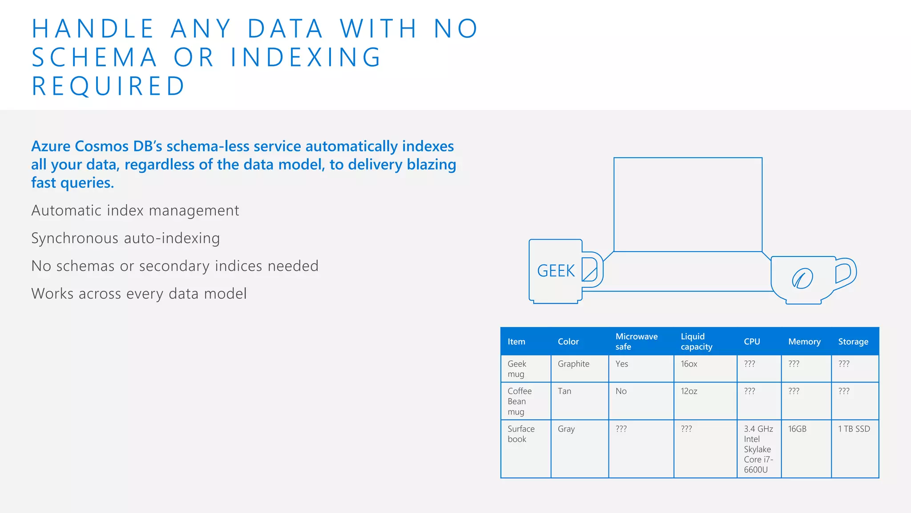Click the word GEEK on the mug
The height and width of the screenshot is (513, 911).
(556, 271)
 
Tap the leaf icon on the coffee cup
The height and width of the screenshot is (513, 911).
(802, 279)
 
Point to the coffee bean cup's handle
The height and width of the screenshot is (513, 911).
(846, 273)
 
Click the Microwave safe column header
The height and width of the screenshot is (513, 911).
(636, 342)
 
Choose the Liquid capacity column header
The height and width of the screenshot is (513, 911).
(696, 342)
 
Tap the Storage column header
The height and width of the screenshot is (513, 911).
(853, 342)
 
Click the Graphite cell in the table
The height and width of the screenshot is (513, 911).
(573, 364)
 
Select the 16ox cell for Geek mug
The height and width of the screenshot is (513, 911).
(689, 364)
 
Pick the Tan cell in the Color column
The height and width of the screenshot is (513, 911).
(564, 391)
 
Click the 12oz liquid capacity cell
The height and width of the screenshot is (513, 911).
(689, 391)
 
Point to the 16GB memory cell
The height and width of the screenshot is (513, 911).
(797, 429)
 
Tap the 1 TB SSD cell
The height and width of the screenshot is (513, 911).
(854, 429)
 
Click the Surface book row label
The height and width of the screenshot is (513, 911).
(521, 434)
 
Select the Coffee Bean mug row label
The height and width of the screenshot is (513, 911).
(519, 401)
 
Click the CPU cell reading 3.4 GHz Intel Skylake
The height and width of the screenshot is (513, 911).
(758, 449)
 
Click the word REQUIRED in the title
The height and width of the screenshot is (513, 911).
(109, 86)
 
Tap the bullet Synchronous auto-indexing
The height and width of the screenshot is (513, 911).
(125, 238)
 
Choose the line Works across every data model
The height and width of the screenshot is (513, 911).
(139, 294)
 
